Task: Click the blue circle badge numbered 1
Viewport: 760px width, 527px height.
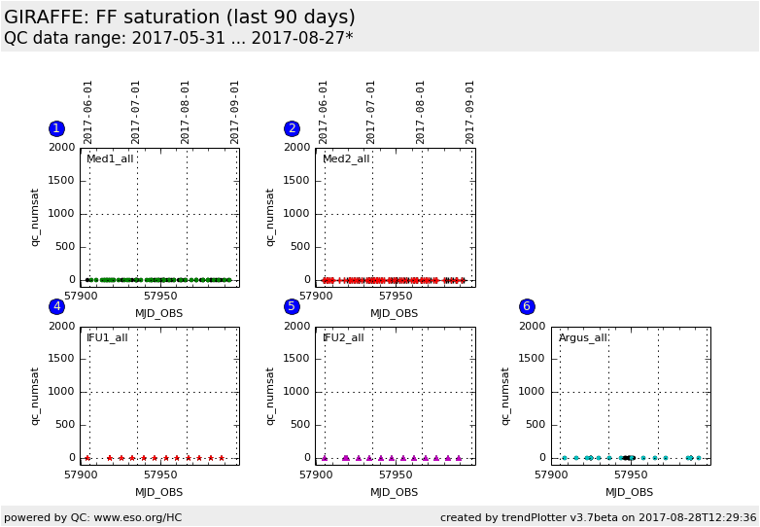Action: (56, 128)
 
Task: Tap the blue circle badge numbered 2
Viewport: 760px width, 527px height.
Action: (292, 128)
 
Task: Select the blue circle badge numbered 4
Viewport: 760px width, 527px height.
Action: (56, 306)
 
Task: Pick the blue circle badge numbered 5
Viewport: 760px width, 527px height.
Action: (292, 306)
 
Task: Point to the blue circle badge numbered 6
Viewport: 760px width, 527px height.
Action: (527, 306)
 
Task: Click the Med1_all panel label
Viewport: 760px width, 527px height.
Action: (110, 158)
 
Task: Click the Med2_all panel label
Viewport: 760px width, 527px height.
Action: (346, 158)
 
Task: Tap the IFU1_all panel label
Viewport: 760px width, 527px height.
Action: (107, 337)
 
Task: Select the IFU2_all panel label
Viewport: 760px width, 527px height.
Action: (343, 337)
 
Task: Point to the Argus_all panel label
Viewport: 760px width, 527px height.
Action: (583, 337)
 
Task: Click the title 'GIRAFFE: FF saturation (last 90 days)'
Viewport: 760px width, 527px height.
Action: (180, 18)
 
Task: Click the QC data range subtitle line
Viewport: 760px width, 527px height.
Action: (178, 38)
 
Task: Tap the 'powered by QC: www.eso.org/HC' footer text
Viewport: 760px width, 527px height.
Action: (93, 517)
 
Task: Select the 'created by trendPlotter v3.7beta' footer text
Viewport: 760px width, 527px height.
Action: (598, 517)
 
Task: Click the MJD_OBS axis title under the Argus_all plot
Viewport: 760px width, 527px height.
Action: (630, 492)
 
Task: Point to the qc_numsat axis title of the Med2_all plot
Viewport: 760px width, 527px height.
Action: (271, 217)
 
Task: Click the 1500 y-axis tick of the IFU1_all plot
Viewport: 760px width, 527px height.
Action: (62, 359)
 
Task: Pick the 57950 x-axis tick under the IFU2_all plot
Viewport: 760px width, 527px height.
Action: (396, 474)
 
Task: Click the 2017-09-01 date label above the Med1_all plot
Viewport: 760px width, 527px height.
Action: (235, 112)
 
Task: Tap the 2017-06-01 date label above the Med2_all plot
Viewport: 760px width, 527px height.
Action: (324, 112)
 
